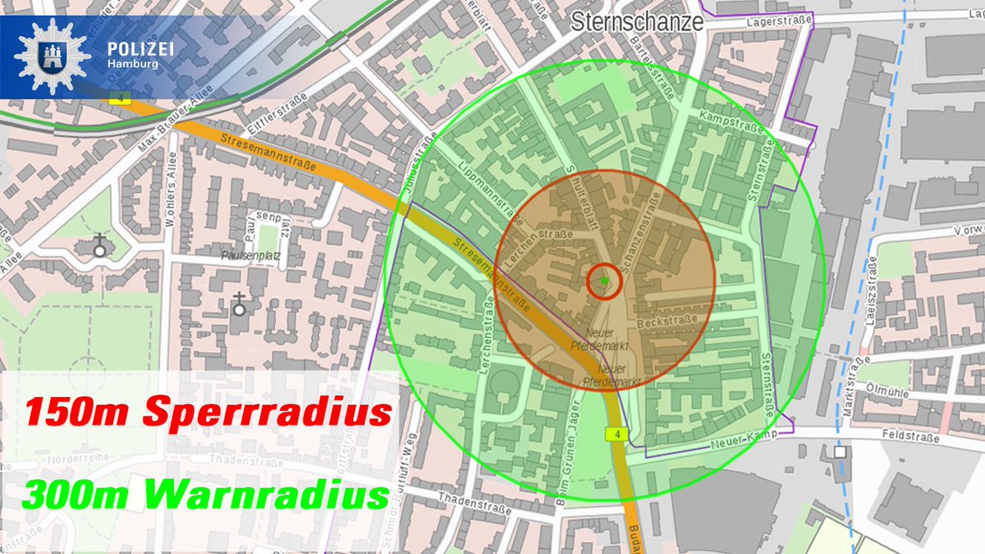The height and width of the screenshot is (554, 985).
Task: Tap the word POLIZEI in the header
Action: [140, 49]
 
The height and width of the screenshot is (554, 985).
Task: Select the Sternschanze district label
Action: [638, 21]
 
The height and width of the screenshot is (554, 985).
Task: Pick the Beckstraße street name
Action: [667, 318]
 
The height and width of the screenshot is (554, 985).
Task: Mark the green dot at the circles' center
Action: [605, 281]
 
